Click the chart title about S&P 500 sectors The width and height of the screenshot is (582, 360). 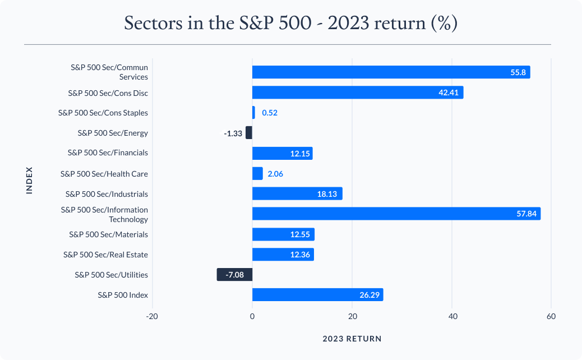[x=290, y=24]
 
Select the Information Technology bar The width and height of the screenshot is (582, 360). [x=396, y=214]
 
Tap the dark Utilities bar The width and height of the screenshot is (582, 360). [x=234, y=275]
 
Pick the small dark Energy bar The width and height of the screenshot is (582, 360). [x=249, y=133]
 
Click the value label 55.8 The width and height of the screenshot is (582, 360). [x=518, y=72]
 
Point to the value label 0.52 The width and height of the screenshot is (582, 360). [x=270, y=113]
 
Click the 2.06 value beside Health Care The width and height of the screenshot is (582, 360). [x=275, y=174]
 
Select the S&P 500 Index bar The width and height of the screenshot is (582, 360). [x=317, y=295]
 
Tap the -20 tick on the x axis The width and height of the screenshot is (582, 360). [x=151, y=317]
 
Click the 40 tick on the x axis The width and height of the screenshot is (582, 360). [x=452, y=317]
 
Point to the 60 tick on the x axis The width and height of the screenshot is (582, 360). [x=551, y=317]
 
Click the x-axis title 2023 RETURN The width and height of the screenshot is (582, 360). [x=352, y=339]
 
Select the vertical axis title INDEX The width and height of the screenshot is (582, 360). [x=30, y=180]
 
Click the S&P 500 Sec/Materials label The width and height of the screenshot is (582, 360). [x=108, y=234]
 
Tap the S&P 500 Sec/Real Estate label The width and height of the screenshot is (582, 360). [x=105, y=255]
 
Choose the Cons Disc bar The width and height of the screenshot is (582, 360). [x=357, y=93]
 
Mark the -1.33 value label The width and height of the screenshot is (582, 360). [x=233, y=133]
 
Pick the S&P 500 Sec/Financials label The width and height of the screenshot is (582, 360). [x=108, y=153]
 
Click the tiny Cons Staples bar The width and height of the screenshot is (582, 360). [x=253, y=113]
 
